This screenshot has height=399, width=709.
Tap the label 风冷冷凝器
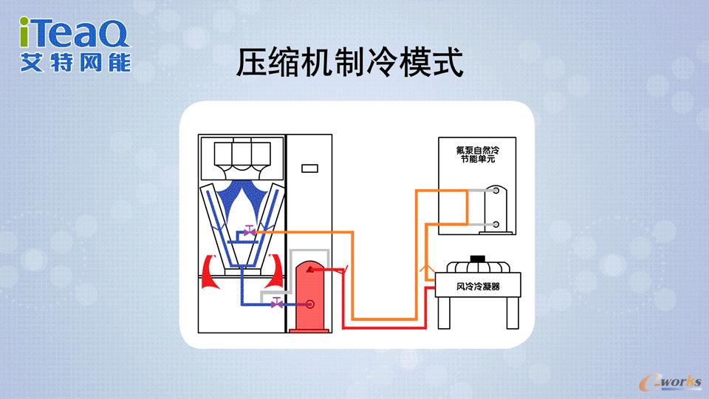(478, 285)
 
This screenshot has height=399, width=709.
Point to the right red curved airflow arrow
(275, 270)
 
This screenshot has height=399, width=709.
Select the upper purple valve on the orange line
(250, 232)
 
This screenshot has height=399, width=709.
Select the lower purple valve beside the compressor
(276, 303)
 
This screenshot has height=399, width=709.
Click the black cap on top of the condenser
(479, 258)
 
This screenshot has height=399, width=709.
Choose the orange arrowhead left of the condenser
(425, 271)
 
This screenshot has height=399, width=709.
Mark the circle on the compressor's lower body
(311, 304)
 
